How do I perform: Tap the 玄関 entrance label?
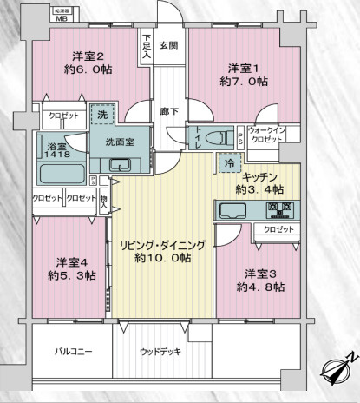(x=168, y=45)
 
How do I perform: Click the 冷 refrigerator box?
(x=228, y=162)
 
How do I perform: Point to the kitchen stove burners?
(x=279, y=210)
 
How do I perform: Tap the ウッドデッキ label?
(x=160, y=352)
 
